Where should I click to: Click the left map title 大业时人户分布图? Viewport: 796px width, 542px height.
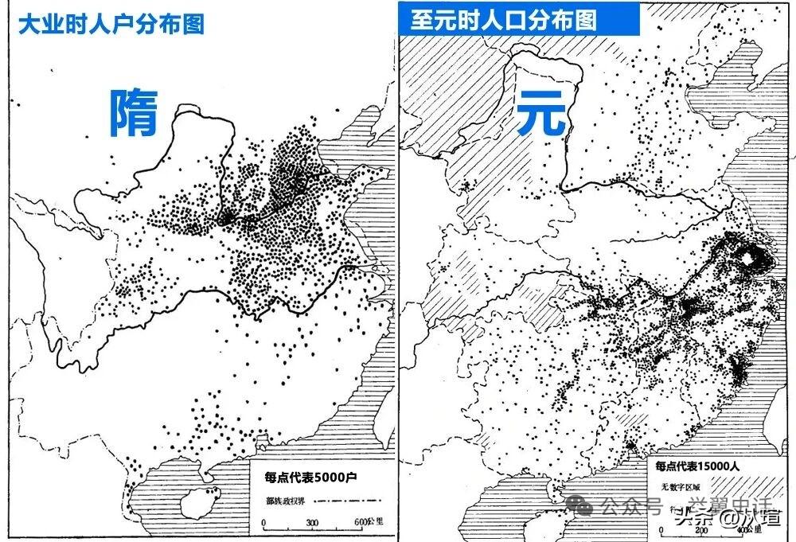pos(111,24)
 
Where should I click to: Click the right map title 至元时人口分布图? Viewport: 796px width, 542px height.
pos(503,20)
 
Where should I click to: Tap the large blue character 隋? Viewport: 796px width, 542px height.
pos(132,112)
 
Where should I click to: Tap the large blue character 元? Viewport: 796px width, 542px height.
pos(541,112)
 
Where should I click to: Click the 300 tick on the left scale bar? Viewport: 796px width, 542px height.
pos(312,523)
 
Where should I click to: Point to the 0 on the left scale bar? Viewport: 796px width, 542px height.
pos(263,523)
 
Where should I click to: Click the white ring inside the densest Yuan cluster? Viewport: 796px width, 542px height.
pos(748,256)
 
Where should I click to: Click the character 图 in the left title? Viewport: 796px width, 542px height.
pos(193,24)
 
